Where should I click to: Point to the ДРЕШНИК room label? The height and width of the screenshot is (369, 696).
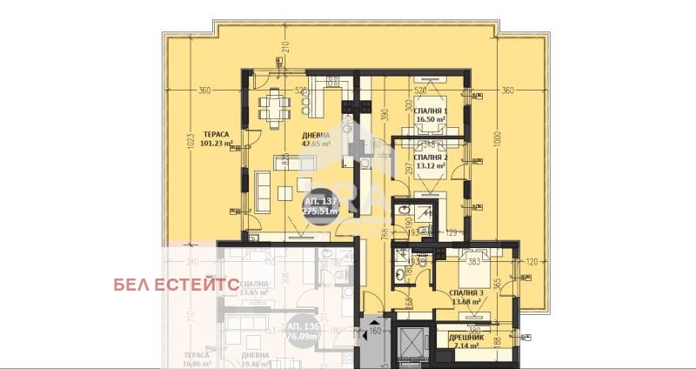tap(468, 341)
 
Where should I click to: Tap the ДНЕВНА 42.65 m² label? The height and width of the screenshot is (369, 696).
tap(315, 139)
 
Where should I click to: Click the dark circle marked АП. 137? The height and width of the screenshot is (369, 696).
tap(320, 205)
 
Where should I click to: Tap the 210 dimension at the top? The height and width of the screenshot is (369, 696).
tap(284, 47)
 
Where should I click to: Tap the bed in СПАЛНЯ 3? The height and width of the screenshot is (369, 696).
tap(474, 272)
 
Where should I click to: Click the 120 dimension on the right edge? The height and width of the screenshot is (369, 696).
tap(532, 261)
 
